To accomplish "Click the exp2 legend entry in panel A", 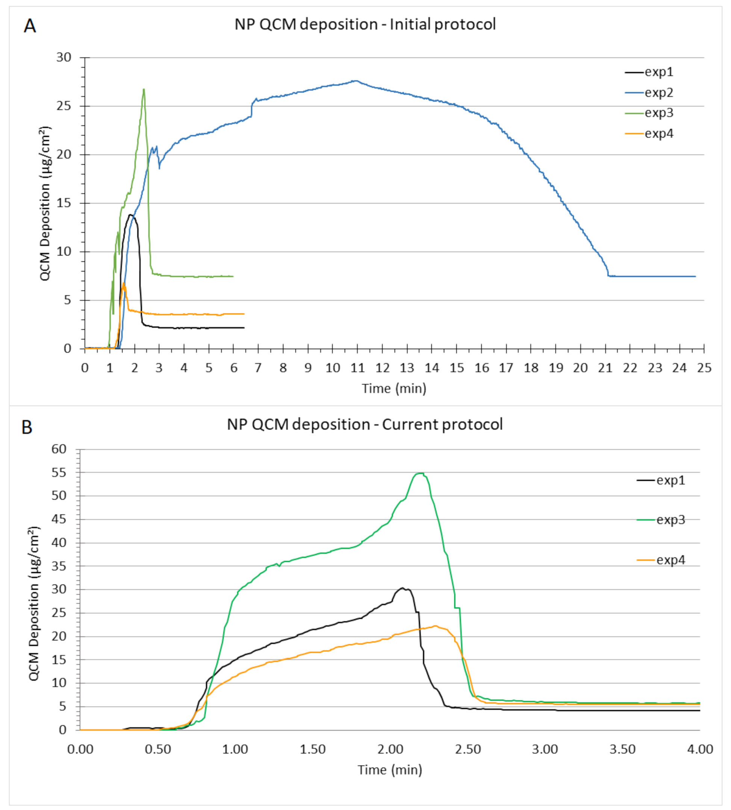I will click(x=658, y=93).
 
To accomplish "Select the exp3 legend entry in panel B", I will click(x=670, y=520).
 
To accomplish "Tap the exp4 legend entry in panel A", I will click(x=658, y=134).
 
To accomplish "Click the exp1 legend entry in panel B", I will click(x=670, y=480).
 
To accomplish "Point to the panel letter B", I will click(x=27, y=428).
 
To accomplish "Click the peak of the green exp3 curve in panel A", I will click(x=144, y=89).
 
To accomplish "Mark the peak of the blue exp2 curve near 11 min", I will click(x=356, y=81).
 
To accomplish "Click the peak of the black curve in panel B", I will click(x=403, y=588).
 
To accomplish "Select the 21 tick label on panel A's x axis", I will click(x=605, y=368).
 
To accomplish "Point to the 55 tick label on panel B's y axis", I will click(x=59, y=473).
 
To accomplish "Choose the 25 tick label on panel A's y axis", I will click(x=64, y=106).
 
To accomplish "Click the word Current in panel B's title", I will click(x=407, y=424).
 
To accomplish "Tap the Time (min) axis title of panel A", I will click(x=393, y=388).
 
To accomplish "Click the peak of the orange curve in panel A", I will click(x=124, y=283).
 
